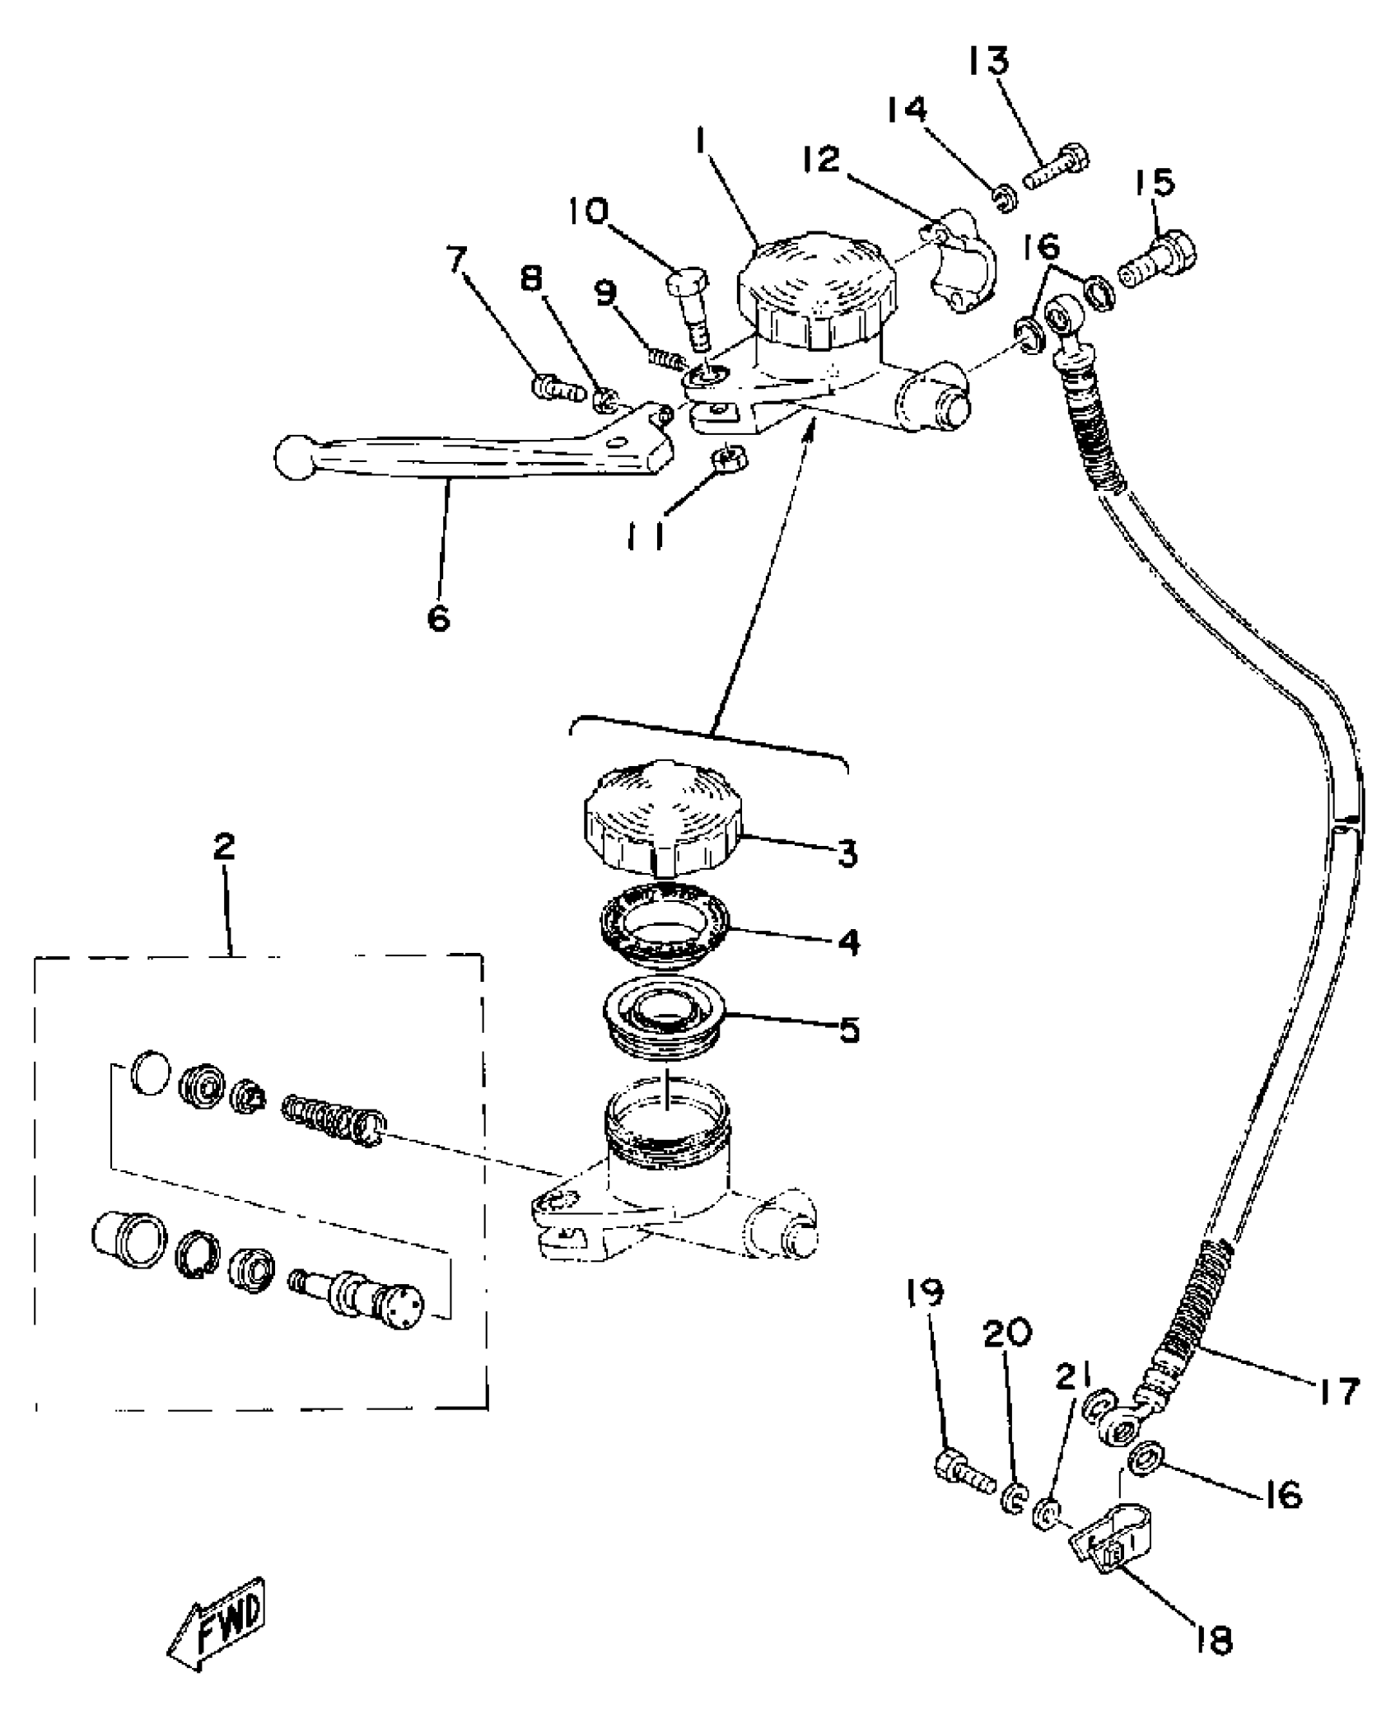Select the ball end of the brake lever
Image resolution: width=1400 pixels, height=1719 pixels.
296,457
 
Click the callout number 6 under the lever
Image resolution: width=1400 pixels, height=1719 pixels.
439,617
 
